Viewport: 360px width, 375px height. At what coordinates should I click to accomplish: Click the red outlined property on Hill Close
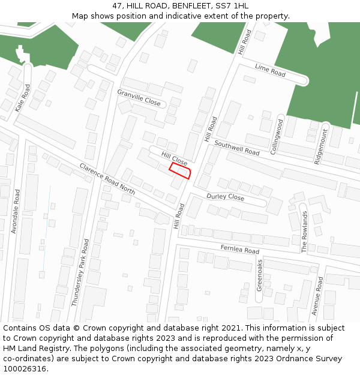click(x=181, y=171)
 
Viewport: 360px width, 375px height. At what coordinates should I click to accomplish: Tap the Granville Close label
click(x=139, y=98)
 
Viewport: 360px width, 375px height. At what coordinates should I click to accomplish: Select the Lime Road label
click(x=270, y=70)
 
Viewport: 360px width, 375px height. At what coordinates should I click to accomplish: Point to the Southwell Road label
click(x=237, y=149)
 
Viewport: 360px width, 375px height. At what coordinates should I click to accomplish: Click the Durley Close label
click(x=225, y=197)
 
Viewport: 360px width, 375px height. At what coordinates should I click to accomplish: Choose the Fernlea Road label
click(x=240, y=249)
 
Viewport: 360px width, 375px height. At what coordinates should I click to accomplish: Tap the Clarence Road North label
click(x=107, y=178)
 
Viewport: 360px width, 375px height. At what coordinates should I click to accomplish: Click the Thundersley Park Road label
click(x=80, y=273)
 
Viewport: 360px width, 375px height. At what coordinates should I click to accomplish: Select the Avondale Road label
click(x=17, y=212)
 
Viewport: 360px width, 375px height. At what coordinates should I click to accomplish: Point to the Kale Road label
click(x=22, y=98)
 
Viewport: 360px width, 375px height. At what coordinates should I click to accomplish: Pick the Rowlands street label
click(x=304, y=232)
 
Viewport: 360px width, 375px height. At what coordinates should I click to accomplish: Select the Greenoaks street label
click(x=260, y=275)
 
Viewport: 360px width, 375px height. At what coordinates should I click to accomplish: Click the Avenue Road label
click(x=317, y=296)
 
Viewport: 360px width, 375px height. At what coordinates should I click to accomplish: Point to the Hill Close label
click(x=174, y=159)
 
